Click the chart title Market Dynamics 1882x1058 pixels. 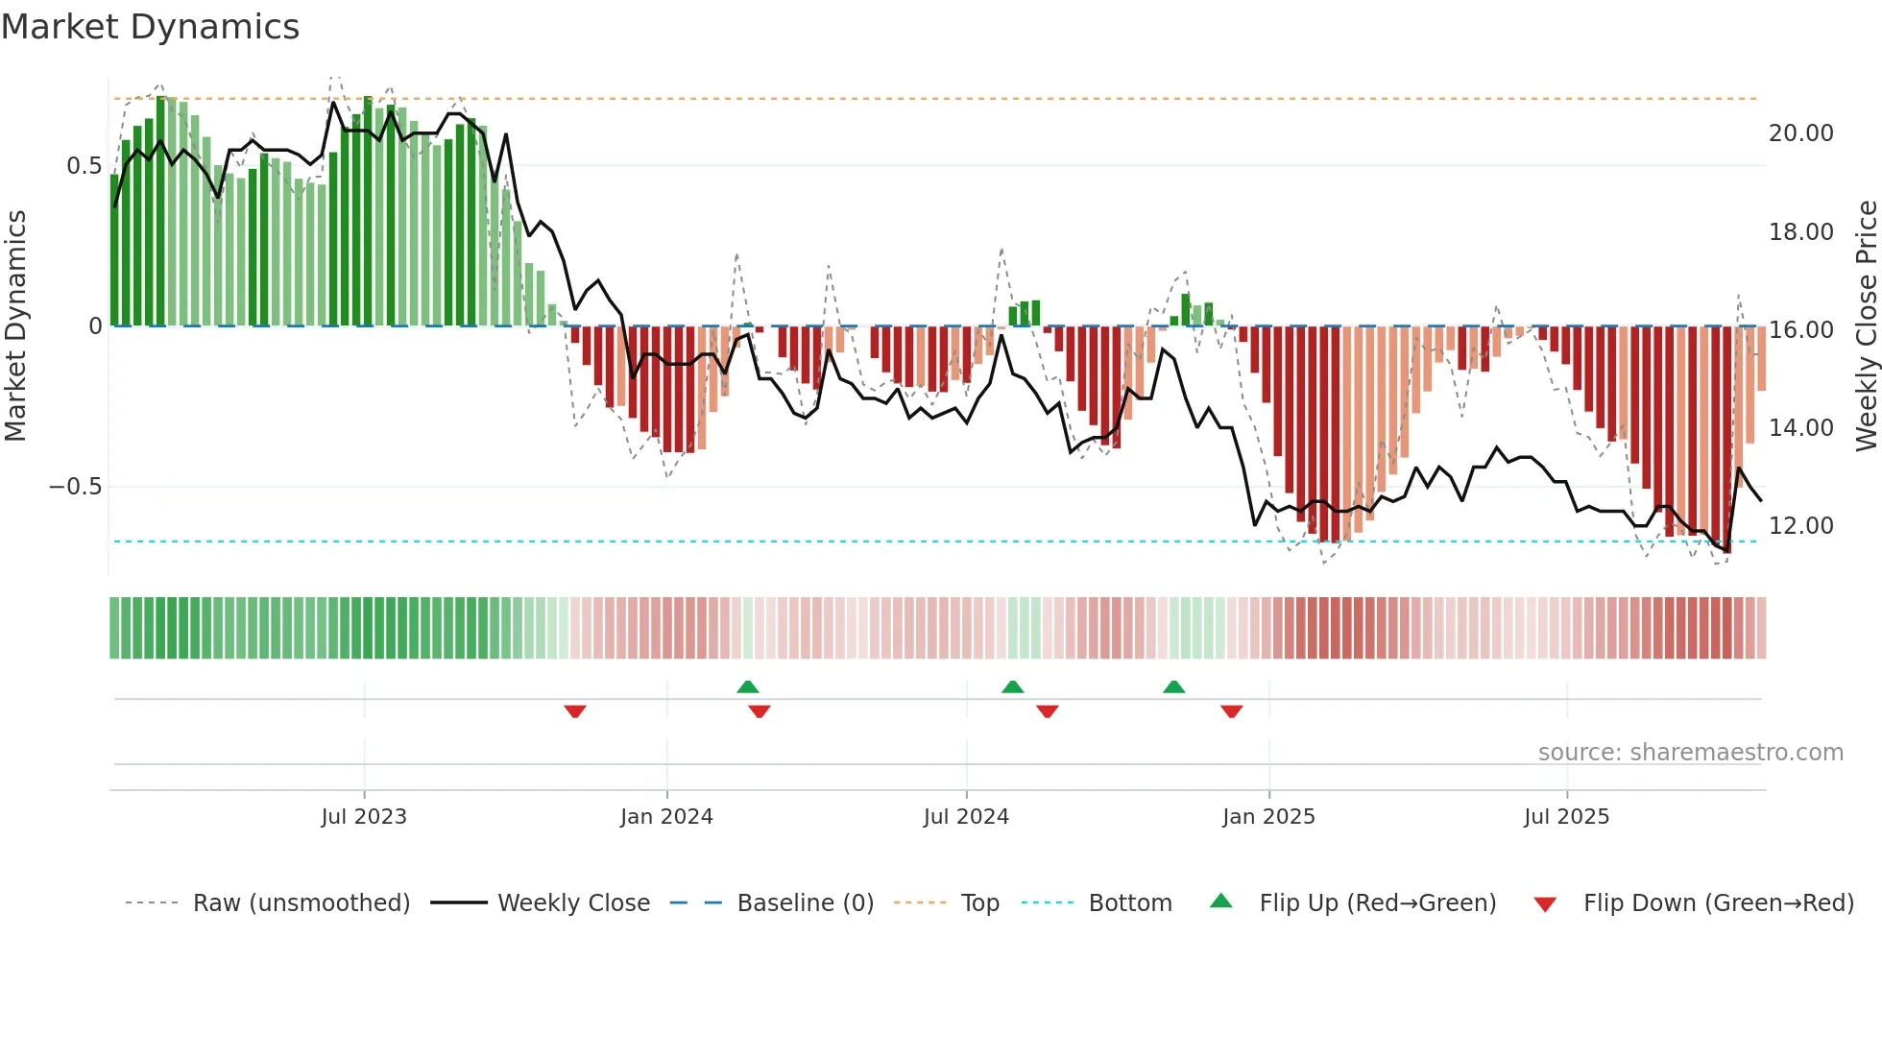(150, 27)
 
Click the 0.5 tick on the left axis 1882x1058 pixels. (84, 166)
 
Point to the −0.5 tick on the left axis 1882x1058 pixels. (75, 487)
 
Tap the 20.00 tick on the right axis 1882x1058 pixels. (1800, 133)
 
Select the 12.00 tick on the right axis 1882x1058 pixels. (1800, 526)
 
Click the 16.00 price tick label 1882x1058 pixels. (1800, 330)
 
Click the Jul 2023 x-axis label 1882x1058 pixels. (364, 817)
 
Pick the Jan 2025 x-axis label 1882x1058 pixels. (1268, 817)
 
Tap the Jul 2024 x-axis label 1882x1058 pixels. (966, 817)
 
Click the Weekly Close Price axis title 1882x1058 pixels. (1866, 325)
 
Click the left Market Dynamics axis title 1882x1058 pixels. (15, 325)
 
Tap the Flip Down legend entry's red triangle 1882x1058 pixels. (1545, 904)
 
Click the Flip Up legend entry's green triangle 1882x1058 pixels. (1220, 901)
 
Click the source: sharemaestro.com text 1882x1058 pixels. (1690, 753)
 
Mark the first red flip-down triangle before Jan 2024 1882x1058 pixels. (575, 711)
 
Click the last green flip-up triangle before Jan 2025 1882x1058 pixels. (1173, 686)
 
